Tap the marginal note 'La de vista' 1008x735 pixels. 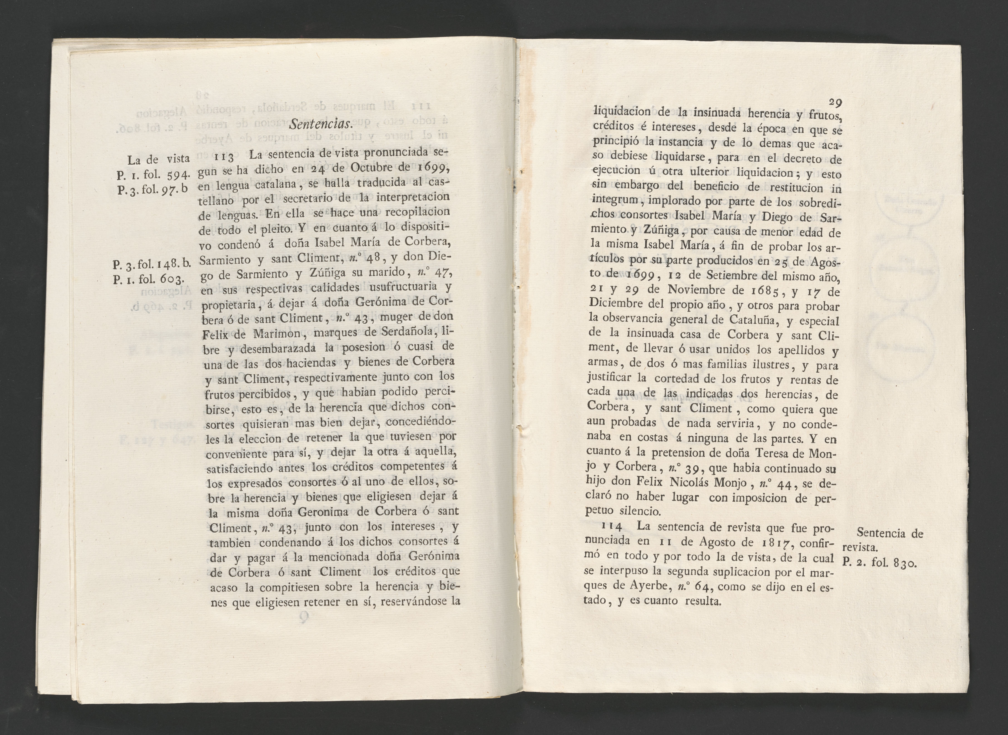click(158, 159)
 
